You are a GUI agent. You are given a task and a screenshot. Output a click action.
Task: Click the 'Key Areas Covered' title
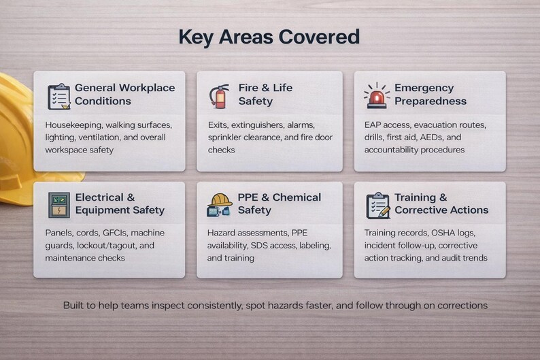pyautogui.click(x=269, y=36)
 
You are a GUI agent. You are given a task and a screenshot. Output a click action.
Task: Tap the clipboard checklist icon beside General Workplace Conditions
pyautogui.click(x=59, y=96)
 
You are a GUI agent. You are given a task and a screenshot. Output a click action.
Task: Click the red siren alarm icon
pyautogui.click(x=375, y=96)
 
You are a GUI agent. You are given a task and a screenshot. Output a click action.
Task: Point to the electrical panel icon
pyautogui.click(x=59, y=204)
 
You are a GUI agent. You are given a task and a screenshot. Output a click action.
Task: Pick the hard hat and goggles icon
pyautogui.click(x=219, y=204)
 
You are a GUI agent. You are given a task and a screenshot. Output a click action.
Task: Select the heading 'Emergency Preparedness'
pyautogui.click(x=430, y=95)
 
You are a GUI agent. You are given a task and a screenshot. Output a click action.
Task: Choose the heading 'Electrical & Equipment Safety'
pyautogui.click(x=120, y=203)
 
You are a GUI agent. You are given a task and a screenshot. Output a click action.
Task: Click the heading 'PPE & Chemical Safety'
pyautogui.click(x=279, y=203)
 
